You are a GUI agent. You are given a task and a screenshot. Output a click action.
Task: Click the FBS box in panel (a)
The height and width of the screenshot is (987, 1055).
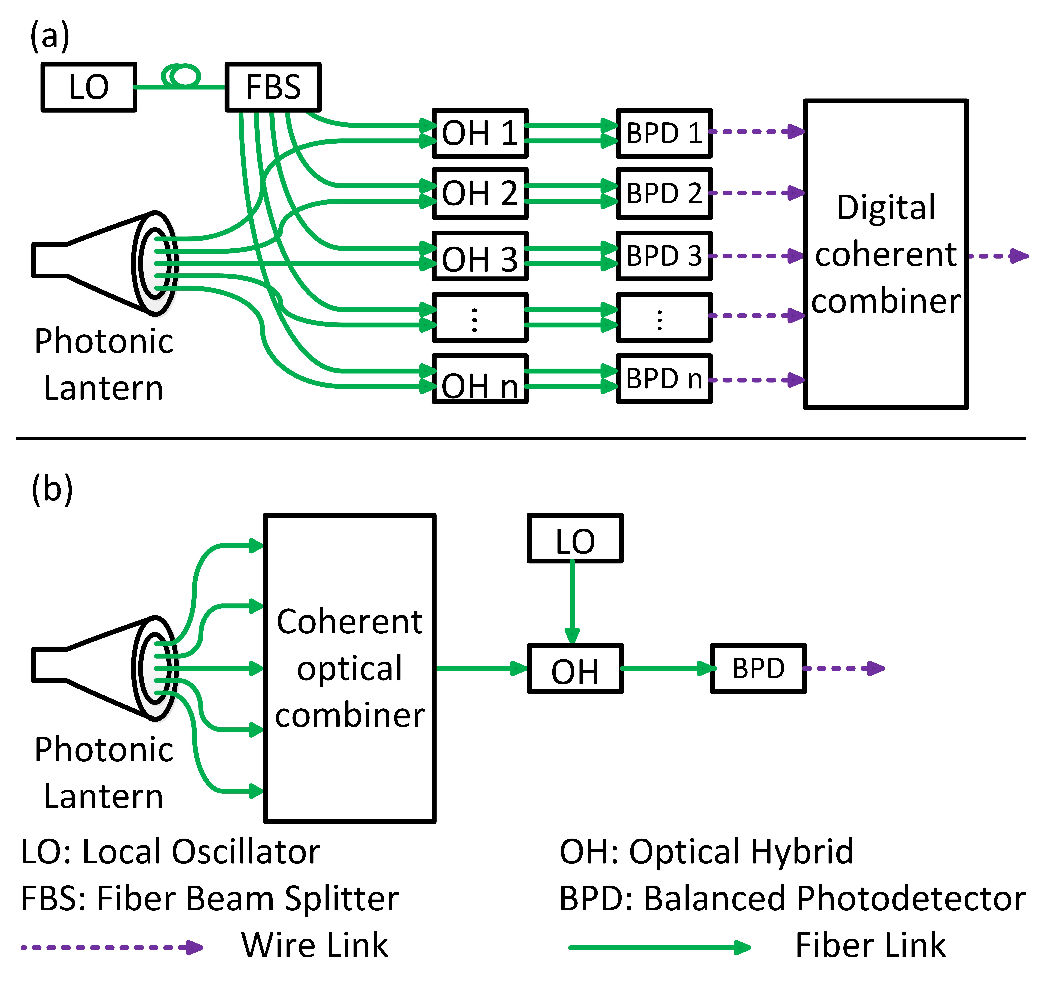(273, 87)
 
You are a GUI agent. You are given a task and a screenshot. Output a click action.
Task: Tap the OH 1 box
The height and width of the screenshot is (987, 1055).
(480, 133)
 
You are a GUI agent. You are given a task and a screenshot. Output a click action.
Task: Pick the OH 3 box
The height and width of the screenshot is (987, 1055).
(480, 256)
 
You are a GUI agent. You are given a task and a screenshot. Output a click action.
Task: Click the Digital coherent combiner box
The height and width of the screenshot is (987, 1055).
(886, 254)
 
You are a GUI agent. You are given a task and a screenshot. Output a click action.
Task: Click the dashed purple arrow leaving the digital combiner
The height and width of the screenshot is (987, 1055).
(998, 256)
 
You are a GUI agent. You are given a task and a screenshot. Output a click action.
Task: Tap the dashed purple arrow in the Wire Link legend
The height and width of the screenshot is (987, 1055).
(111, 947)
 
